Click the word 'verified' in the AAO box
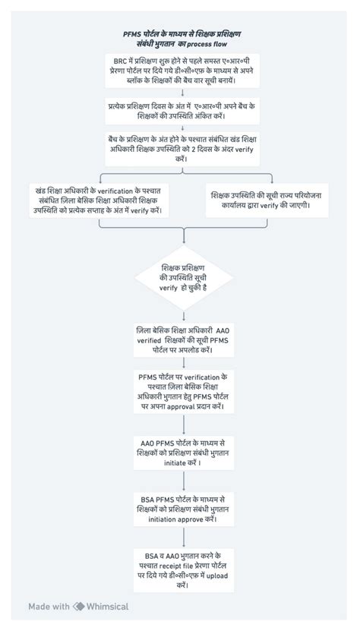coord(149,341)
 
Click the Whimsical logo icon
coord(79,607)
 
